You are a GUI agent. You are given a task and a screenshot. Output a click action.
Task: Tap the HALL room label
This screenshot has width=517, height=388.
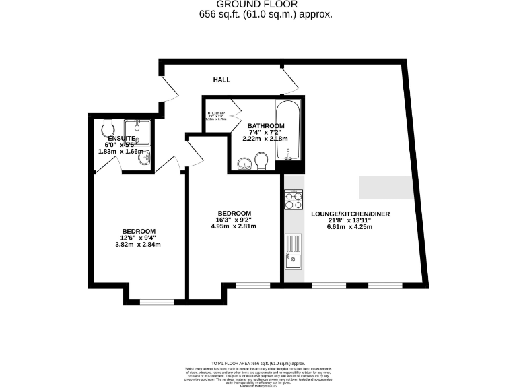221,79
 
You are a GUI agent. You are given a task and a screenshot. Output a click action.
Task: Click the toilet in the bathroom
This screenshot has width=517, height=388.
262,162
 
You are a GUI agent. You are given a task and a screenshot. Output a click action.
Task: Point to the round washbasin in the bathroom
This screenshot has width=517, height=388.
244,162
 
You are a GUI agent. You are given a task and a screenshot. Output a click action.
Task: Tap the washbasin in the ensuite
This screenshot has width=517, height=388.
147,158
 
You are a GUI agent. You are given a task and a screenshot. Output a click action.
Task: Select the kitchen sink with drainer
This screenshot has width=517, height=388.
294,250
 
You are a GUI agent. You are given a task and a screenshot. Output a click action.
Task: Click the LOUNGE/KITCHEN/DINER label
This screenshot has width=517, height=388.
350,215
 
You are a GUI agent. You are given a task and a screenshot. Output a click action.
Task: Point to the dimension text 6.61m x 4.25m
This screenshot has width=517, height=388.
350,227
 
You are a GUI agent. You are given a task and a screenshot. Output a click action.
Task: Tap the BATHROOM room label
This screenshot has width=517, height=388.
265,126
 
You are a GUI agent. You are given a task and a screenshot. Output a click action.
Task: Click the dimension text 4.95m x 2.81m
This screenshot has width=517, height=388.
234,226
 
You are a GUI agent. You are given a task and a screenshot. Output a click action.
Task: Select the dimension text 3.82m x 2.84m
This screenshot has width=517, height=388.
138,245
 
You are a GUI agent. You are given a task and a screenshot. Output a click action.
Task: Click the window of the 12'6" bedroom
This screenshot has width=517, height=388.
152,301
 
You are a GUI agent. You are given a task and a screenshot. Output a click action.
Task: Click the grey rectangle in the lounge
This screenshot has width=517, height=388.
386,187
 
